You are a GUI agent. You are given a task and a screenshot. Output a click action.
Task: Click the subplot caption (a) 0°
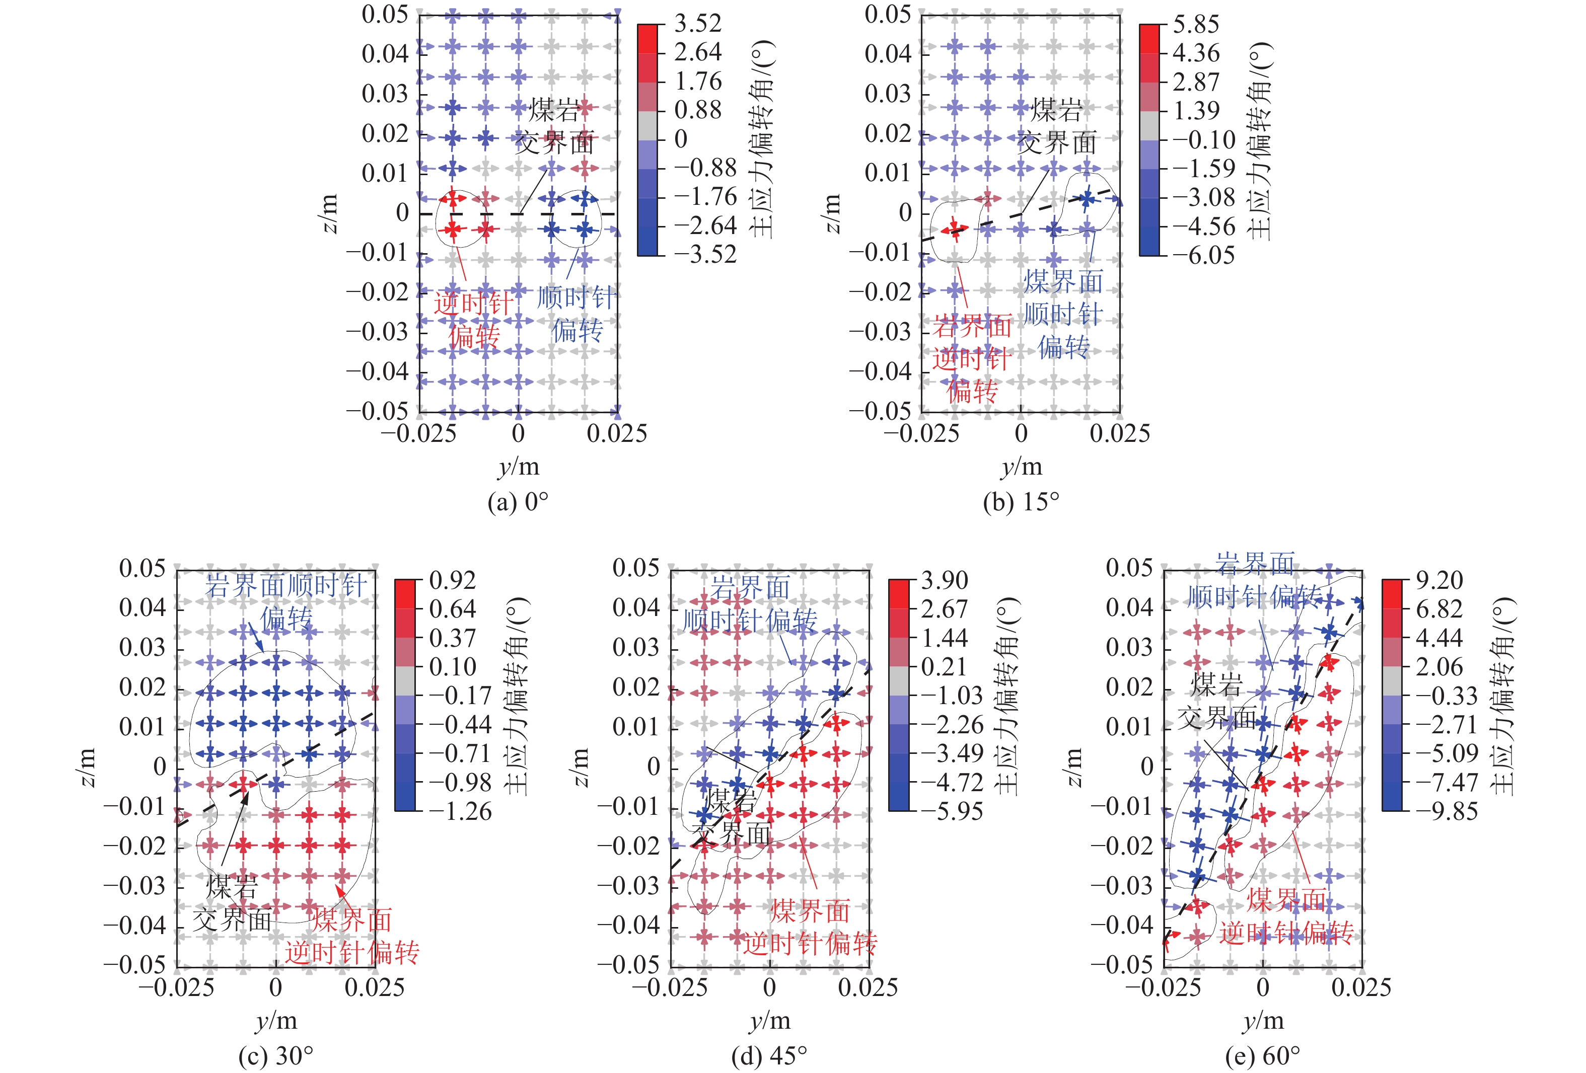[x=518, y=503]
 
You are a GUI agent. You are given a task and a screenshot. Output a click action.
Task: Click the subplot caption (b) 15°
[x=1021, y=503]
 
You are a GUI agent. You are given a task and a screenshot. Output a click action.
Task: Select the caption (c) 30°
[x=276, y=1056]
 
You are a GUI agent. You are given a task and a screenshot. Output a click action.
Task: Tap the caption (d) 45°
[x=769, y=1056]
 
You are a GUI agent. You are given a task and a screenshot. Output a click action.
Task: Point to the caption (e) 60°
[x=1263, y=1056]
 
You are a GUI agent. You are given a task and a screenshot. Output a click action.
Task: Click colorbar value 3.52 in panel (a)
[x=697, y=24]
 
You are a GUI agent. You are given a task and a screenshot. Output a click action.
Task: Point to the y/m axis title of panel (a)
[x=519, y=467]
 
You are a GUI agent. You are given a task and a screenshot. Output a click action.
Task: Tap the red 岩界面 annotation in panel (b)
[x=972, y=327]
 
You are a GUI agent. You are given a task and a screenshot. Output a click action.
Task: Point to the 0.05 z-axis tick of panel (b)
[x=887, y=14]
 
